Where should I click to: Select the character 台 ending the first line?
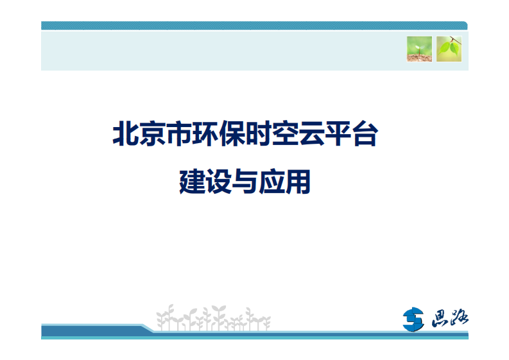point(363,135)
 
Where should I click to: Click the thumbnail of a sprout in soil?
point(419,49)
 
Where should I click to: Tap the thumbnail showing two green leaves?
point(449,49)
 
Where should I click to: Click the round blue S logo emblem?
point(414,319)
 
